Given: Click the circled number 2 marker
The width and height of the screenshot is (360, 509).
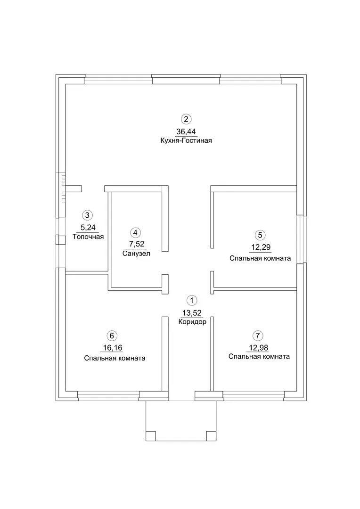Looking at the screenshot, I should (187, 119).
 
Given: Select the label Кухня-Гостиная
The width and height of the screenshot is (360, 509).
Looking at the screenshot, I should (187, 140).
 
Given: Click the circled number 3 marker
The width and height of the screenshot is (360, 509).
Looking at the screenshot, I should (87, 215).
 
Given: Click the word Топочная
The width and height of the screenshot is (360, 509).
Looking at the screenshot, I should (88, 237).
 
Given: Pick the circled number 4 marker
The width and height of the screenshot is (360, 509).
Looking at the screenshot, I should (136, 232).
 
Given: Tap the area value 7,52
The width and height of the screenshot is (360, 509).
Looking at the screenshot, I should (136, 245).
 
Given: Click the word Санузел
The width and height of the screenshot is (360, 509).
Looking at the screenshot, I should (136, 254).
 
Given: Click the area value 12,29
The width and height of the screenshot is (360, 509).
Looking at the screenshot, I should (260, 247).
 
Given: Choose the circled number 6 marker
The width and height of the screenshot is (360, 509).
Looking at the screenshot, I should (111, 336).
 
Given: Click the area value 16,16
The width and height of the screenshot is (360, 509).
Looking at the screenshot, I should (111, 348).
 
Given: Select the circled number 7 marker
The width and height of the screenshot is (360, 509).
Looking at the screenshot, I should (257, 336).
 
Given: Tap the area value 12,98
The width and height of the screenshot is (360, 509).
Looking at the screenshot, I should (257, 348).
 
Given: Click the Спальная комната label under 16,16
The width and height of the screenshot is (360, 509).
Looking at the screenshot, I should (115, 358).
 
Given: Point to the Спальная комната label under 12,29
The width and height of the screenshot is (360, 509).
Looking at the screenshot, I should (260, 258).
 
